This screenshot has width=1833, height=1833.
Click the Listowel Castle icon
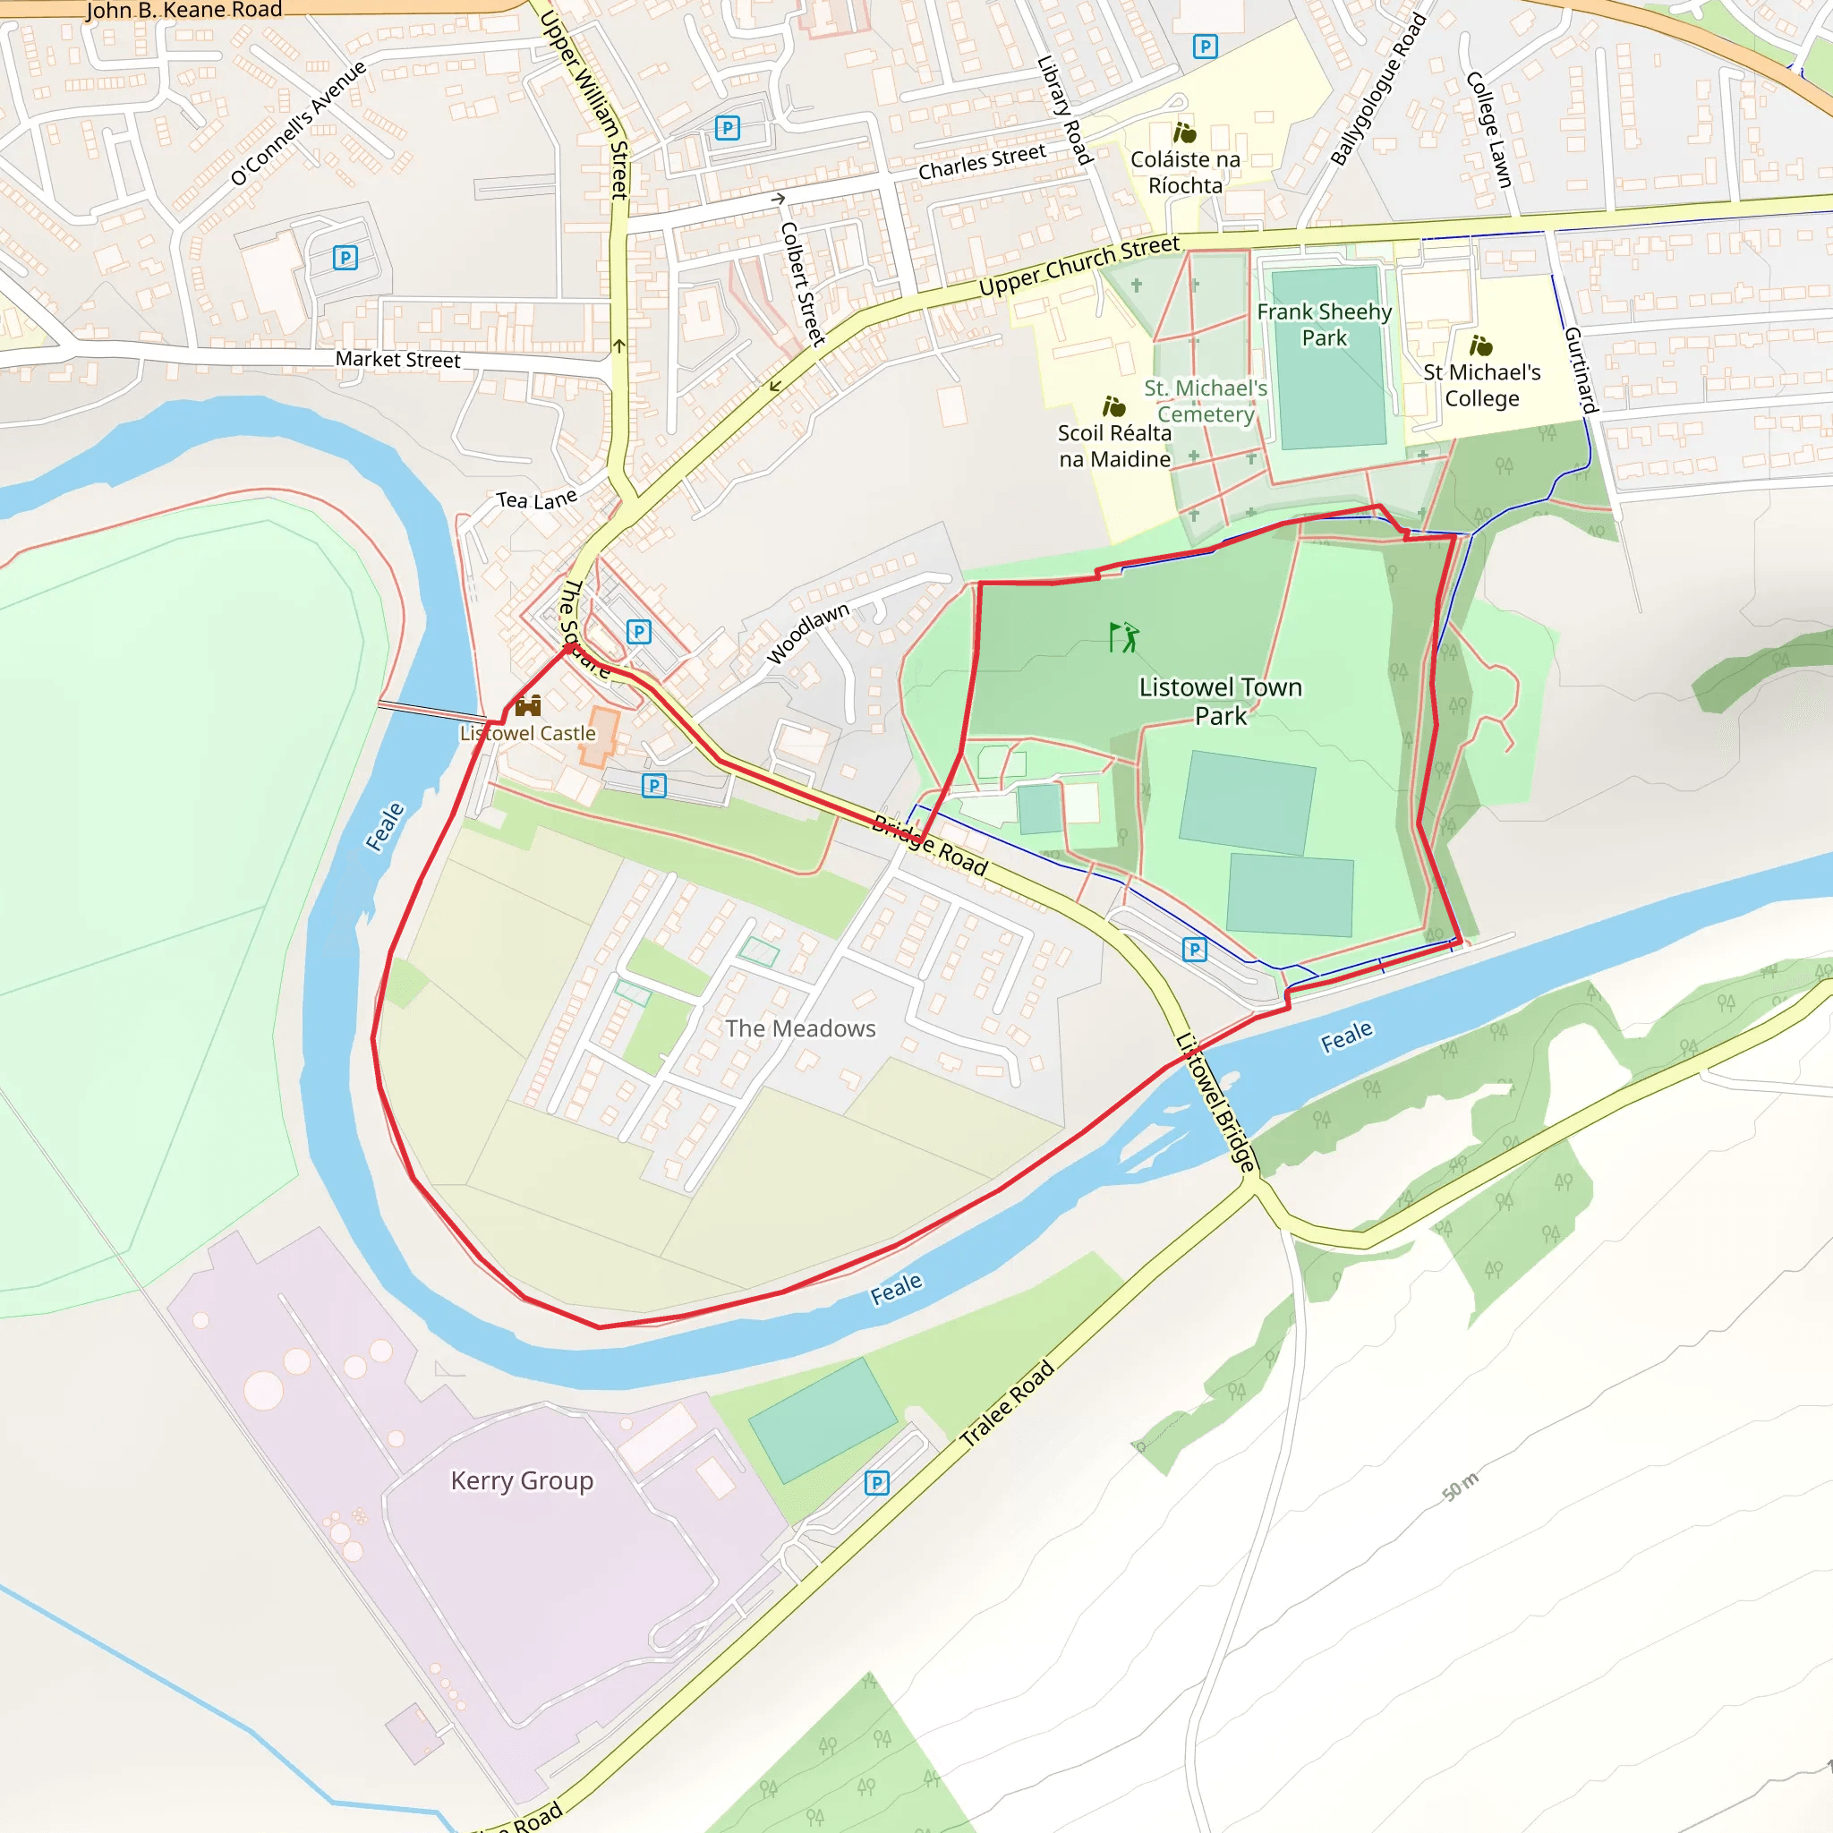pos(528,706)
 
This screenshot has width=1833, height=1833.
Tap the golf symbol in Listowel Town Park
pos(1123,637)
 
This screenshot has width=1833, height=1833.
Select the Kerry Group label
pos(522,1481)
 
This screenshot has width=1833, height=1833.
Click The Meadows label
pos(800,1028)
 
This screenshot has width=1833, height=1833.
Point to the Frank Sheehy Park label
pos(1324,325)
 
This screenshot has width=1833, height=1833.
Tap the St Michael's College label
pos(1481,385)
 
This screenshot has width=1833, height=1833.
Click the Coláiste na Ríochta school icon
pos(1184,132)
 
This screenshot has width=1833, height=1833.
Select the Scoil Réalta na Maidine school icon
pos(1113,407)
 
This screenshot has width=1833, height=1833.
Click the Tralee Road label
pos(1007,1403)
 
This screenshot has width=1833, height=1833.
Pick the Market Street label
pos(397,360)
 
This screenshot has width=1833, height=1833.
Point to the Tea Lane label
pos(536,500)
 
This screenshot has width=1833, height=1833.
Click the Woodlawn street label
pos(807,633)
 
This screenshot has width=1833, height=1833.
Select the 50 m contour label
pos(1460,1487)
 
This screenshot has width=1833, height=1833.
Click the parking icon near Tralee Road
pos(876,1483)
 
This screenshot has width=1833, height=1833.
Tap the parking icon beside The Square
pos(638,632)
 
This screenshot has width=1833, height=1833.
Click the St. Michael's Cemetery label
pos(1205,401)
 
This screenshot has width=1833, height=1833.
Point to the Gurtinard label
pos(1581,370)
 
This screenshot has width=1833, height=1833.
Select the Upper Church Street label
pos(1078,266)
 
